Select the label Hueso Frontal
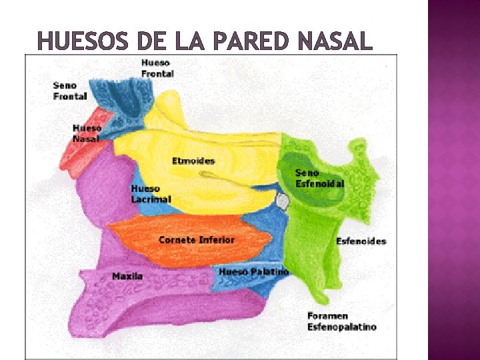pyautogui.click(x=157, y=68)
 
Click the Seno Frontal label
pyautogui.click(x=70, y=91)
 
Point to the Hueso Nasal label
pyautogui.click(x=87, y=133)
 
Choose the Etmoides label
pyautogui.click(x=193, y=161)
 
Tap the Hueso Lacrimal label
pyautogui.click(x=151, y=194)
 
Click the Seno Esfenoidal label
pyautogui.click(x=320, y=178)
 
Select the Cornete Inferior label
pyautogui.click(x=197, y=239)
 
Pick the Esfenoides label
pyautogui.click(x=361, y=241)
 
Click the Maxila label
pyautogui.click(x=127, y=276)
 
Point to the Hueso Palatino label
pyautogui.click(x=254, y=272)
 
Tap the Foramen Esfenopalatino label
pyautogui.click(x=341, y=321)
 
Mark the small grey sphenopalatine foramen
pyautogui.click(x=282, y=200)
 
